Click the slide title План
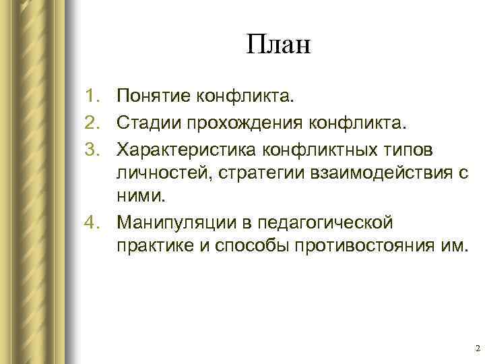pyautogui.click(x=278, y=47)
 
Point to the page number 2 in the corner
pyautogui.click(x=477, y=348)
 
